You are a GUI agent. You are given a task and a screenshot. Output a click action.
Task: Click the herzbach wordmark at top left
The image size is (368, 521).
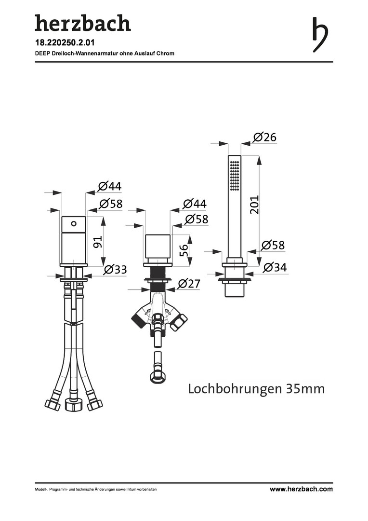(x=83, y=23)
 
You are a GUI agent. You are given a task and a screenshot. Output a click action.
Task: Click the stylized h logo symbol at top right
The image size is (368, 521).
(x=320, y=35)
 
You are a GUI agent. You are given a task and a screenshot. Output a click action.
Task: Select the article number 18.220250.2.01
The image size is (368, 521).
(x=65, y=43)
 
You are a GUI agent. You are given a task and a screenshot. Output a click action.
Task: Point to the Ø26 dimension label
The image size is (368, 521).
(x=264, y=137)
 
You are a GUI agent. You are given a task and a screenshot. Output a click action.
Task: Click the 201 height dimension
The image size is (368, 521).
(x=254, y=205)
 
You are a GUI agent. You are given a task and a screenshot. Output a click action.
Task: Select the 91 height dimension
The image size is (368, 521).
(x=98, y=242)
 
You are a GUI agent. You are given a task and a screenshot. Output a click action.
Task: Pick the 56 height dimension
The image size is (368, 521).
(x=184, y=250)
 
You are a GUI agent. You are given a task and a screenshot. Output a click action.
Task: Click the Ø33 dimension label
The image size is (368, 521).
(x=115, y=269)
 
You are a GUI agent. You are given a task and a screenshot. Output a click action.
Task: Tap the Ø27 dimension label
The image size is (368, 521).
(x=189, y=284)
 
